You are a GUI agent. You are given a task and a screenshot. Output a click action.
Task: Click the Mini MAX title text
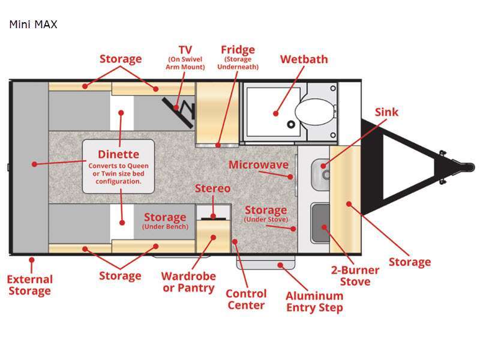pos(33,25)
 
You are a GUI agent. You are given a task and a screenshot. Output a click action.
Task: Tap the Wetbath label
pos(304,59)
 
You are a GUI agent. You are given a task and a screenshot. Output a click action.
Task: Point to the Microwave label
pos(258,165)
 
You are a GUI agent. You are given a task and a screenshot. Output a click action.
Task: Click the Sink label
pos(386,112)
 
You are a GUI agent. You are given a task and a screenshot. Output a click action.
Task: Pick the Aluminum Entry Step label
pos(314,302)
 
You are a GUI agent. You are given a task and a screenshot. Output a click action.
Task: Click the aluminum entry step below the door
pos(267,262)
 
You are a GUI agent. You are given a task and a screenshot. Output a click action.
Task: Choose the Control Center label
pos(246,299)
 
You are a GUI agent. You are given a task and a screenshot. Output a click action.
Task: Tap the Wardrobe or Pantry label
pos(188,282)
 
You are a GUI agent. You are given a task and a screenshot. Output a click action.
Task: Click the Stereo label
pos(212,188)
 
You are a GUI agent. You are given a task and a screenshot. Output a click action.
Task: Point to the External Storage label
pos(29,285)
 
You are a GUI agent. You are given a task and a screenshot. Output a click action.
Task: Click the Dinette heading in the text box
pos(118,154)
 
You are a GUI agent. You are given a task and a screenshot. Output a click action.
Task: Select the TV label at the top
pos(185,49)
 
